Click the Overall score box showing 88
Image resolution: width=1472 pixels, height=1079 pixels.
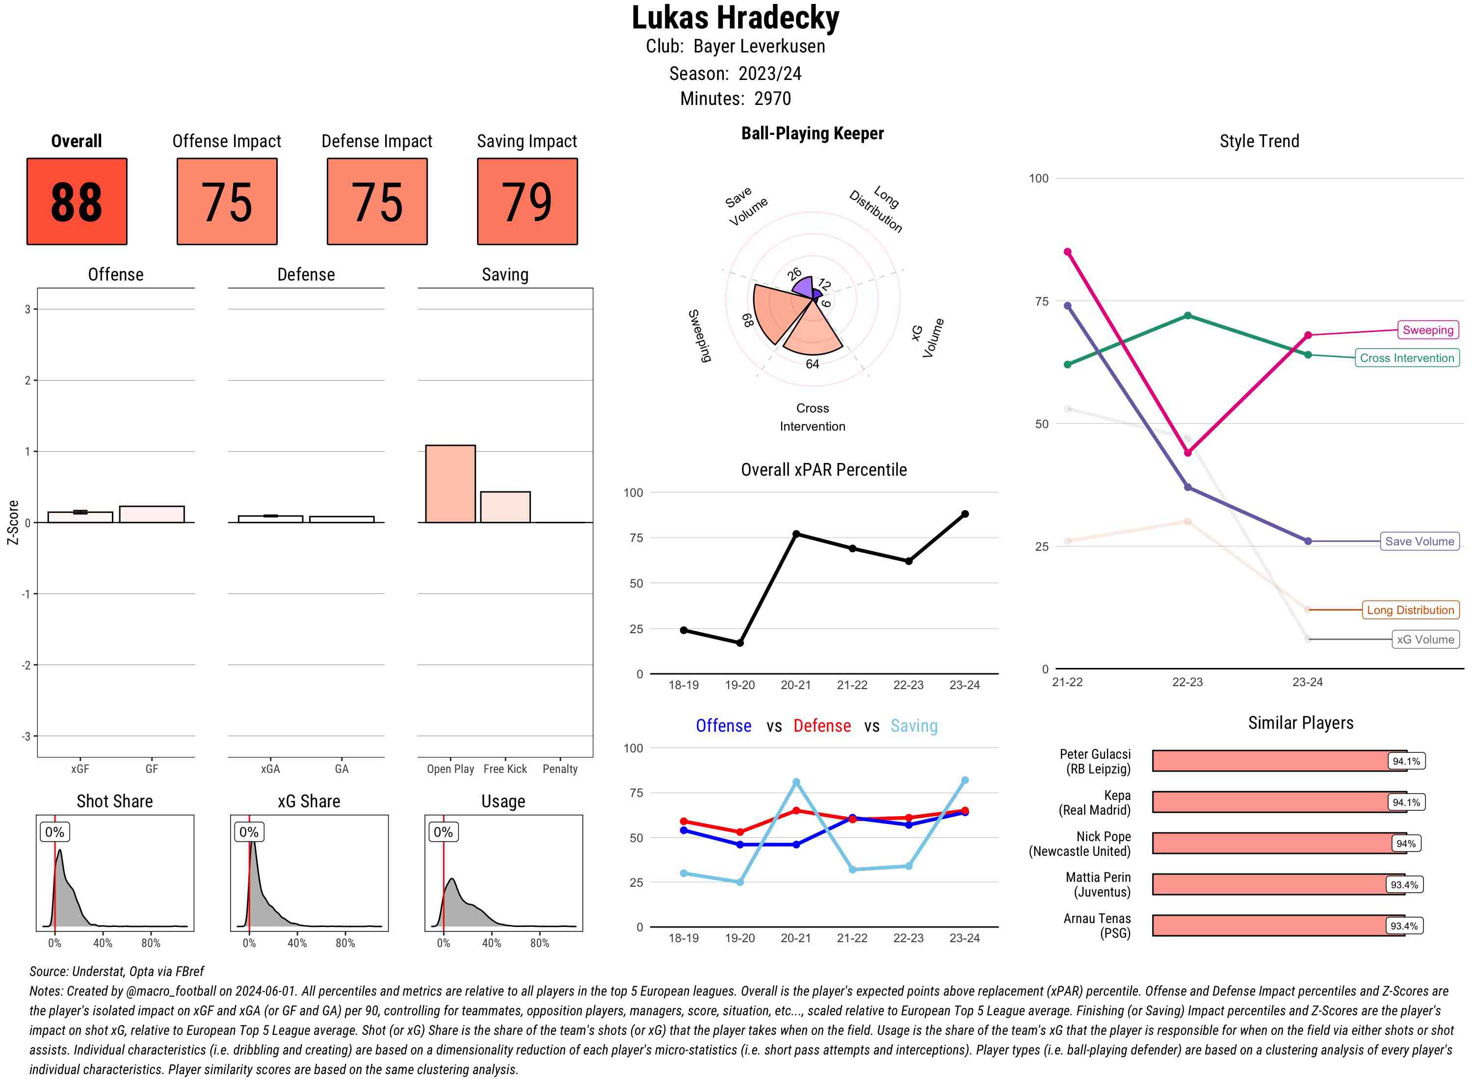point(77,201)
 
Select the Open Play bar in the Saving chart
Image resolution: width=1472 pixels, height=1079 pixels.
point(450,484)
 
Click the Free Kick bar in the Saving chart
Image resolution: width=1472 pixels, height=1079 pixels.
point(505,507)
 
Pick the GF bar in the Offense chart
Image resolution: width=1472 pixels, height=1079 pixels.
point(152,514)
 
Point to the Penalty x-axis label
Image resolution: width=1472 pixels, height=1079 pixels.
point(560,769)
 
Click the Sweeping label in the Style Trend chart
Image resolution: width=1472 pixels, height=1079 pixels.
point(1427,330)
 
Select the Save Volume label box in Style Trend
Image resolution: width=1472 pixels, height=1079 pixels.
point(1419,541)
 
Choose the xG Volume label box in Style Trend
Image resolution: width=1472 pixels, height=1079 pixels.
point(1425,640)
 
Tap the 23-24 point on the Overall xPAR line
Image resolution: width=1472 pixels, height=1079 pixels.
point(965,514)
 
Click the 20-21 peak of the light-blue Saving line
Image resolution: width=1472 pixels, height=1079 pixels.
point(796,782)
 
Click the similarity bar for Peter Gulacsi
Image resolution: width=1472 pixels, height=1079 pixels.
point(1271,761)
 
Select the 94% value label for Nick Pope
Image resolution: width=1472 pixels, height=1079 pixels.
point(1405,843)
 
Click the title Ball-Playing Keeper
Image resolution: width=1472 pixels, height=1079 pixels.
point(812,133)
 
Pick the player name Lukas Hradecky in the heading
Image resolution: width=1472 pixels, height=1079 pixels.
point(735,18)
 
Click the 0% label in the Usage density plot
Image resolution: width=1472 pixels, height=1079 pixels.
point(443,832)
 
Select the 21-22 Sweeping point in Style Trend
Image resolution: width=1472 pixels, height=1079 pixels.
point(1068,252)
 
